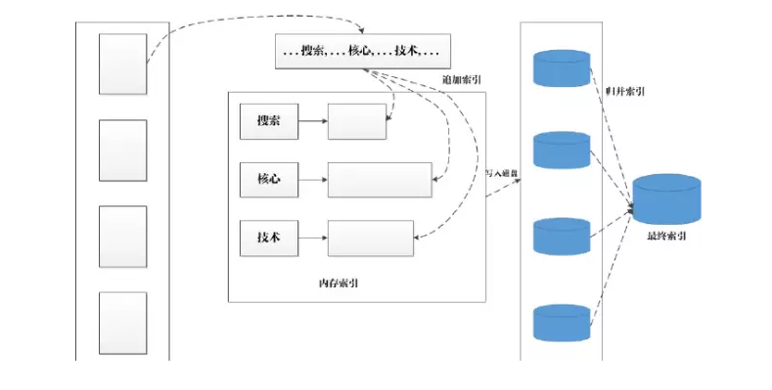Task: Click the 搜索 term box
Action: point(267,121)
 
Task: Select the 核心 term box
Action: point(267,180)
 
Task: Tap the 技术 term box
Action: point(267,238)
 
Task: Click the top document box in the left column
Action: point(123,64)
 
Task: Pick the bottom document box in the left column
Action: point(123,322)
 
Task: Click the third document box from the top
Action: point(123,236)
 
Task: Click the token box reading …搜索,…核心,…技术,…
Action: point(360,51)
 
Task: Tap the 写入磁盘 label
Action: point(502,173)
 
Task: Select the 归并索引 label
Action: point(624,92)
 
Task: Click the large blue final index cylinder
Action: point(666,200)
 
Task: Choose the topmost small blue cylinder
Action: point(562,68)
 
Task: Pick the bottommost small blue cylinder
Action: point(562,322)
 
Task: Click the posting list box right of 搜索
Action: point(357,121)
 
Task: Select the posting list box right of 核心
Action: point(380,180)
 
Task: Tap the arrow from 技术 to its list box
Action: point(311,238)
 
